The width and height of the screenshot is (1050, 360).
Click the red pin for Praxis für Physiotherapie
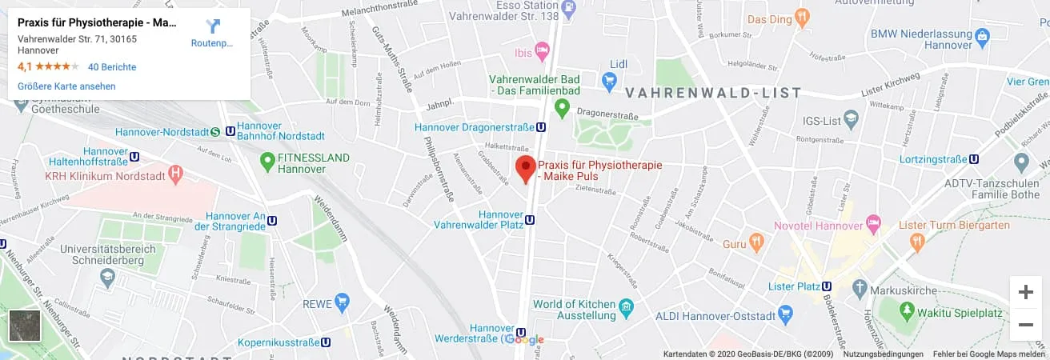pyautogui.click(x=525, y=169)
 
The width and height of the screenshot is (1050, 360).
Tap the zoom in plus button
pyautogui.click(x=1025, y=292)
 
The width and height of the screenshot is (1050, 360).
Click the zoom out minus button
pyautogui.click(x=1025, y=325)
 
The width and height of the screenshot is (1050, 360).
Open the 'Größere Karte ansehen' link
pyautogui.click(x=66, y=86)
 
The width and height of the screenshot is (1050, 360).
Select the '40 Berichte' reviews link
pyautogui.click(x=112, y=67)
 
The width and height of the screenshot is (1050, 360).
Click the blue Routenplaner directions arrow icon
pyautogui.click(x=212, y=26)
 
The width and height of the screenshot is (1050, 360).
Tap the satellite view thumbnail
pyautogui.click(x=24, y=326)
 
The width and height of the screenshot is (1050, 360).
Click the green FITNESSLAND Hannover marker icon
pyautogui.click(x=268, y=162)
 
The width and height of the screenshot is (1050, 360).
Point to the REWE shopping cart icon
pyautogui.click(x=343, y=302)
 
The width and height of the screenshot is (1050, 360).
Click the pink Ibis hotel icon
pyautogui.click(x=542, y=53)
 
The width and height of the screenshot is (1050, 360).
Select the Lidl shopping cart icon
pyautogui.click(x=609, y=79)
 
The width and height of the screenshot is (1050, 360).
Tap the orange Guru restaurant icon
pyautogui.click(x=755, y=242)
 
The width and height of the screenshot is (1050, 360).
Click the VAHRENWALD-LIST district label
pyautogui.click(x=713, y=93)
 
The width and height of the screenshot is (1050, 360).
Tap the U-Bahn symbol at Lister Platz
pyautogui.click(x=827, y=286)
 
